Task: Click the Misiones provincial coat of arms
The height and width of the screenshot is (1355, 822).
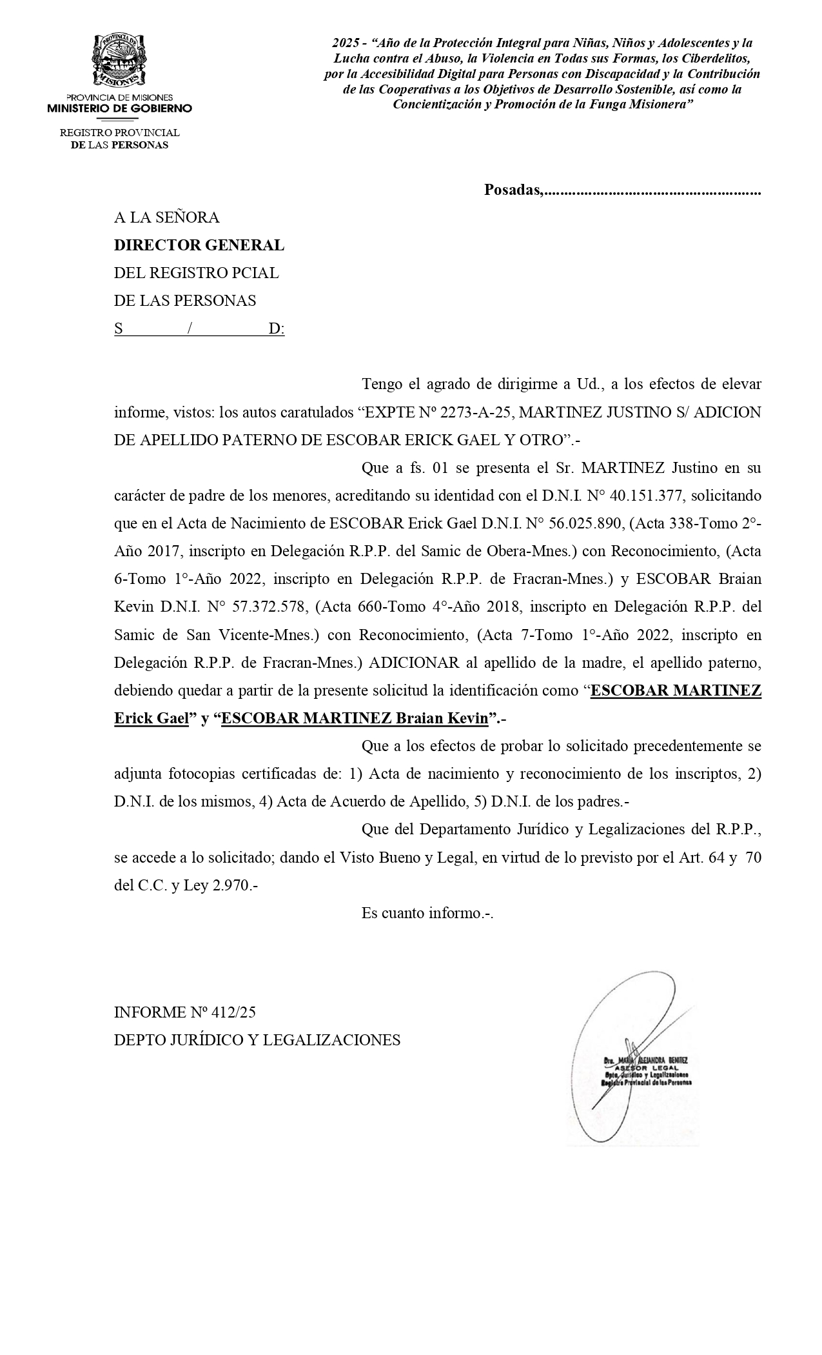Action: point(119,61)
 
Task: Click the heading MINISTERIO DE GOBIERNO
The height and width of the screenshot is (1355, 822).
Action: point(119,108)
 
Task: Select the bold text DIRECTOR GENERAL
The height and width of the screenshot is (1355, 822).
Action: point(199,245)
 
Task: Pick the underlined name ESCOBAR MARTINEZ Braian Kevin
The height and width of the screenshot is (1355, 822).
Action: point(355,718)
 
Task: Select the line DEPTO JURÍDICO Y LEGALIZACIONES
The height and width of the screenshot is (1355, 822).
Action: point(257,1040)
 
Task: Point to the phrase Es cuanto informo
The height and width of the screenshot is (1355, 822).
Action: point(427,913)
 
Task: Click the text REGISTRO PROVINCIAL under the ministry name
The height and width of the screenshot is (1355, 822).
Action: point(119,132)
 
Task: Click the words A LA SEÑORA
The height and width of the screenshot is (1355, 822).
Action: point(166,217)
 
